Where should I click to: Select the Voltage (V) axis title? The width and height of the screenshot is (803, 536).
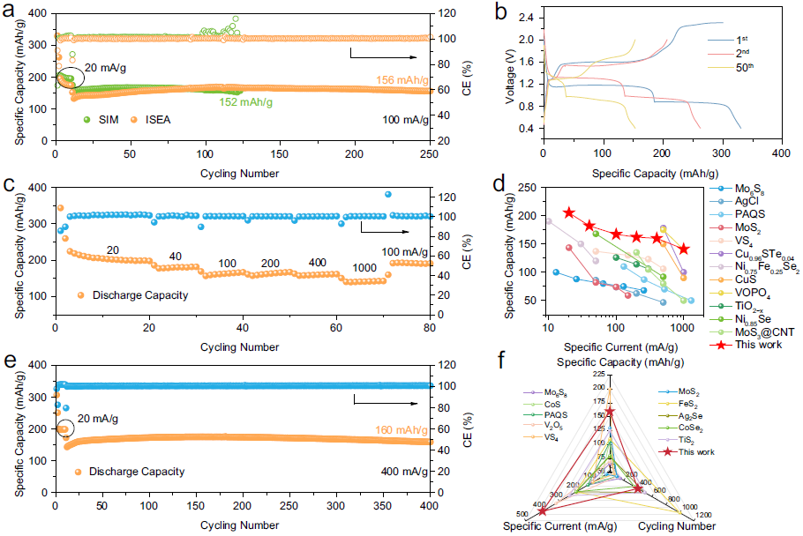coord(511,72)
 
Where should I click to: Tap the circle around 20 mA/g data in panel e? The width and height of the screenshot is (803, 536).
coord(64,429)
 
